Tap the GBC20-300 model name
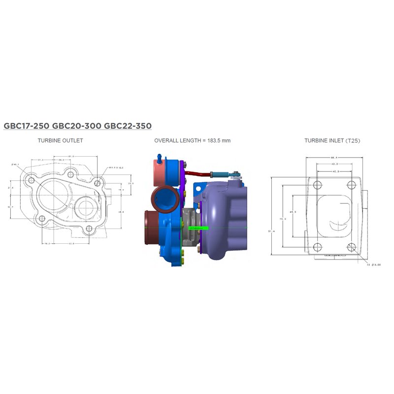76,126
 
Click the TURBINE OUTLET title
60,140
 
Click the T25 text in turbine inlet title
353,140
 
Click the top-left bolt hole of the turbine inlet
317,185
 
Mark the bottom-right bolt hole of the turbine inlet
351,247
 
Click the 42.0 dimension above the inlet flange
334,164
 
